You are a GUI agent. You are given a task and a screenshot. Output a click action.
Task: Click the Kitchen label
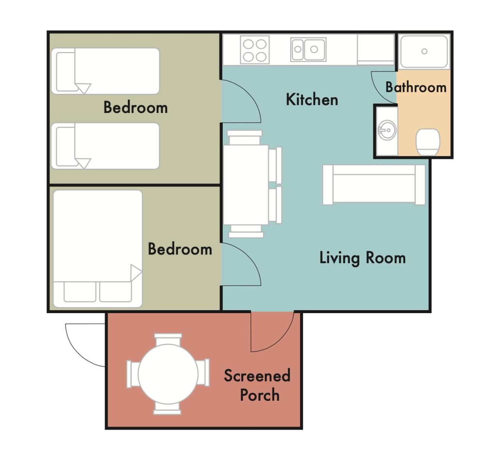pyautogui.click(x=312, y=100)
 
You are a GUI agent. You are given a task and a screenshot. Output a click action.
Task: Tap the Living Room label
pyautogui.click(x=362, y=258)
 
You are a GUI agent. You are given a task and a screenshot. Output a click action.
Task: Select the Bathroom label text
pyautogui.click(x=416, y=87)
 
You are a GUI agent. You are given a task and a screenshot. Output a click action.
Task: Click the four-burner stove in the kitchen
pyautogui.click(x=255, y=50)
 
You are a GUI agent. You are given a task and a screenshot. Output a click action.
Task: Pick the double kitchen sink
pyautogui.click(x=308, y=50)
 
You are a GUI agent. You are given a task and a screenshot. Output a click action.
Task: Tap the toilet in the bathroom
pyautogui.click(x=428, y=142)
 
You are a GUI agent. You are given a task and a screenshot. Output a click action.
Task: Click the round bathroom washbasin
pyautogui.click(x=387, y=130)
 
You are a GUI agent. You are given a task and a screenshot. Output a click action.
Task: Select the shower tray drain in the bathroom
pyautogui.click(x=424, y=51)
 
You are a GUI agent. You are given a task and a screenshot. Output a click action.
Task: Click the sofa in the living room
pyautogui.click(x=374, y=185)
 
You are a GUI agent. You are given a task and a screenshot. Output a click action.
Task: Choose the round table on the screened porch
pyautogui.click(x=168, y=374)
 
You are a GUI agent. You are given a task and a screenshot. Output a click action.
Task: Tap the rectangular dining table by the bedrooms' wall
pyautogui.click(x=246, y=185)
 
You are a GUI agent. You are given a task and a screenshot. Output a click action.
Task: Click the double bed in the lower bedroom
pyautogui.click(x=98, y=249)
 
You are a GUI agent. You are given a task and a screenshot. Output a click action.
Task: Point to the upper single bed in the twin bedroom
pyautogui.click(x=105, y=71)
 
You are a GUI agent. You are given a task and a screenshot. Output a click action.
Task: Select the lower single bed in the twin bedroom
pyautogui.click(x=105, y=146)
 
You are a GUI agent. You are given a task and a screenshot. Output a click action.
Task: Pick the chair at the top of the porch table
pyautogui.click(x=168, y=340)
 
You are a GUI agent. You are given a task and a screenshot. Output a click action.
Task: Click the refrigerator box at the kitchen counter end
pyautogui.click(x=376, y=50)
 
